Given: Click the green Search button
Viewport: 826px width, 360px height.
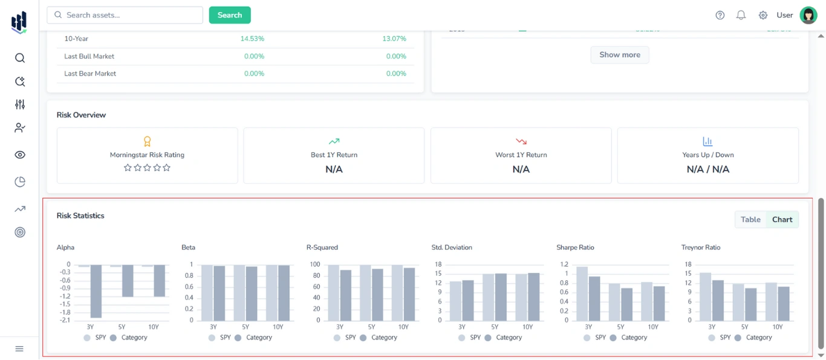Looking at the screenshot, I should (230, 15).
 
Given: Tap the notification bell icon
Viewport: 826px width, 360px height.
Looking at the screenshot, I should (741, 15).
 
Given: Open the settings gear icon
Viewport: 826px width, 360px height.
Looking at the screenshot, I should (763, 15).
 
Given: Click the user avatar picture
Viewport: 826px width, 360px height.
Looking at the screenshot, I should (808, 15).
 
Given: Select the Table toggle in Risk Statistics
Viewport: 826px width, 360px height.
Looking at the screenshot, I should (750, 220).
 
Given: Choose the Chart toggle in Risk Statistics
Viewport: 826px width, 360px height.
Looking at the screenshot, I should (782, 220).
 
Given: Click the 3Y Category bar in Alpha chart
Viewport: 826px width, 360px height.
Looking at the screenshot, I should (96, 291).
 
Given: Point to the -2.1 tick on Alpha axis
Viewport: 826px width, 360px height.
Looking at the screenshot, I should (64, 320).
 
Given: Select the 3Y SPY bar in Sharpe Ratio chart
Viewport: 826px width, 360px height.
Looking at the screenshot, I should (582, 293).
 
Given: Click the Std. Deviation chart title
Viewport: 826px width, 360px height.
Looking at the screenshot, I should (452, 247).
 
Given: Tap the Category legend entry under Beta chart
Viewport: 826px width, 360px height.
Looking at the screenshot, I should (253, 338).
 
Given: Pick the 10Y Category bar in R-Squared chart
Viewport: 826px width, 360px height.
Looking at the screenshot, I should (409, 294).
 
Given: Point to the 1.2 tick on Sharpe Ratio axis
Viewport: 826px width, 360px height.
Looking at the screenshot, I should (564, 264).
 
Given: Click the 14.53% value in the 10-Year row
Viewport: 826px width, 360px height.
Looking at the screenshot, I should (252, 39).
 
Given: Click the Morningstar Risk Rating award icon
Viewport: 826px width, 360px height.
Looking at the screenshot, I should (147, 141).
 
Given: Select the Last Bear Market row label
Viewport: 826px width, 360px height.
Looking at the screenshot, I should (90, 74).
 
